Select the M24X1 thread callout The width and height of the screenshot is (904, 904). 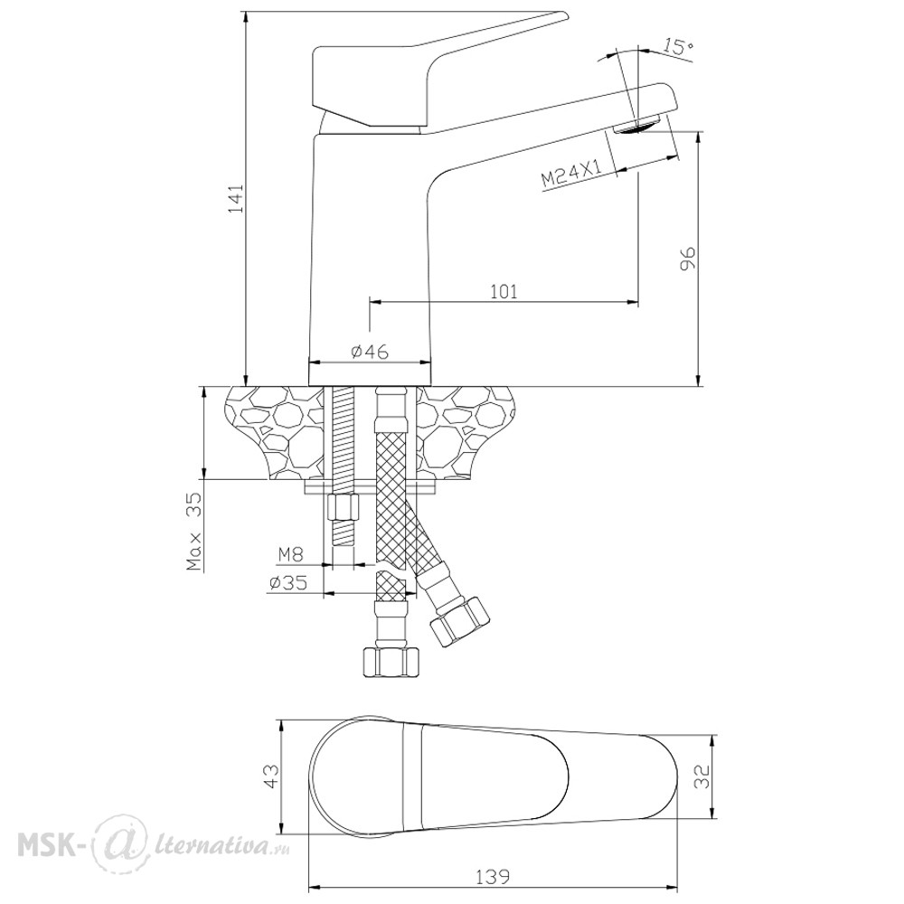[572, 173]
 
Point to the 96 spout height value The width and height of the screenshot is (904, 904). [688, 258]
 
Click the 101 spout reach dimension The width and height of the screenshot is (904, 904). [504, 291]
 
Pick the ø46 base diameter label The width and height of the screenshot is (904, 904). [370, 351]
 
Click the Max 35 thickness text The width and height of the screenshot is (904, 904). [195, 532]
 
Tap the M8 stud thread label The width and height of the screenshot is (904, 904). [291, 555]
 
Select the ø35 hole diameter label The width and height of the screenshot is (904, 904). [287, 583]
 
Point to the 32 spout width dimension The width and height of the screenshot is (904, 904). [702, 776]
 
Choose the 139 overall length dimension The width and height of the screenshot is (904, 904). [493, 877]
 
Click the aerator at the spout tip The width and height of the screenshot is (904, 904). [637, 125]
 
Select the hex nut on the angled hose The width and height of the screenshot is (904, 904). [459, 623]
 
